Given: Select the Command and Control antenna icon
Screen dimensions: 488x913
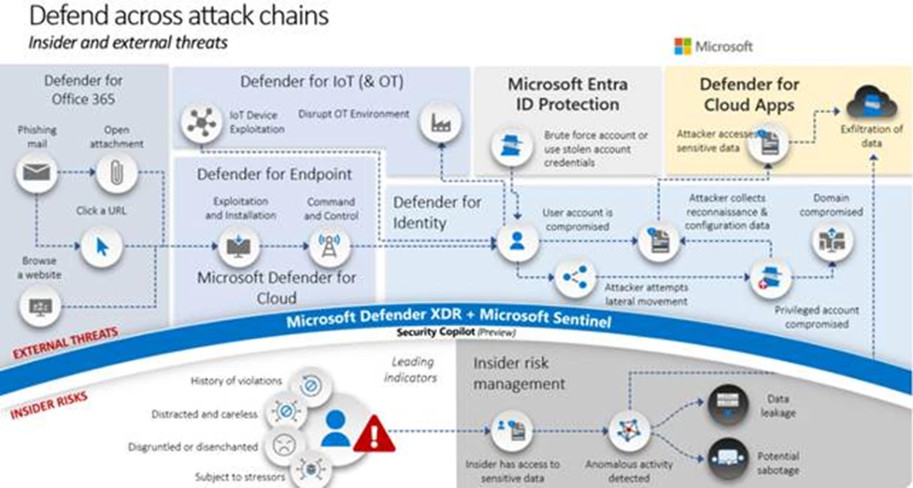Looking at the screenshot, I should pos(324,245).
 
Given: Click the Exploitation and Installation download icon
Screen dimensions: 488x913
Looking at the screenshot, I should pos(238,245).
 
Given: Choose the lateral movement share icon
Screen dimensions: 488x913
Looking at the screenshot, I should pos(574,279).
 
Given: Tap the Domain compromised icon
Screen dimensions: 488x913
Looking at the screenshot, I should pos(830,239).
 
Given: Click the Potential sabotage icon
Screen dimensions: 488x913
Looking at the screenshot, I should pos(726,453).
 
